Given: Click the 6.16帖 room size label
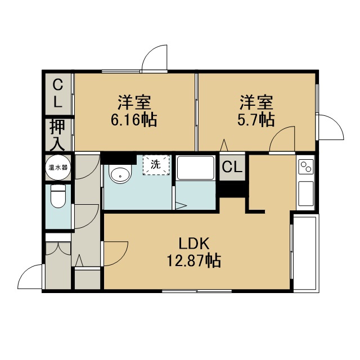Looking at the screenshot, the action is pos(134,120).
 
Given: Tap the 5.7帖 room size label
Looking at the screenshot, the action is pos(256,120).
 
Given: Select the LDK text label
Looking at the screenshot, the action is pos(194,244).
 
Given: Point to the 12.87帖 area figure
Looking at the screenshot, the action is pos(193,260).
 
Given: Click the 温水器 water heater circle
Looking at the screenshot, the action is pos(58,168).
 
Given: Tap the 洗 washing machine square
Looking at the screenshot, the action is pos(156,165).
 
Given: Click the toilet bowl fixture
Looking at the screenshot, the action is pos(58,196).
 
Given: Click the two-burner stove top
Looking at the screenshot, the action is pos(305,166).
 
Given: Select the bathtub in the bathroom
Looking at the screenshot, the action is pos(195,168).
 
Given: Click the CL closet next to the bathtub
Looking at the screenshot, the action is pos(232,167).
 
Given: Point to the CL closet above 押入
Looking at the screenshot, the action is pos(57,93).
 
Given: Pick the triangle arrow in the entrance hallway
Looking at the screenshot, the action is pos(79,260).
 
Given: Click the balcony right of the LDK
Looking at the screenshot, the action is pos(305,253).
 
